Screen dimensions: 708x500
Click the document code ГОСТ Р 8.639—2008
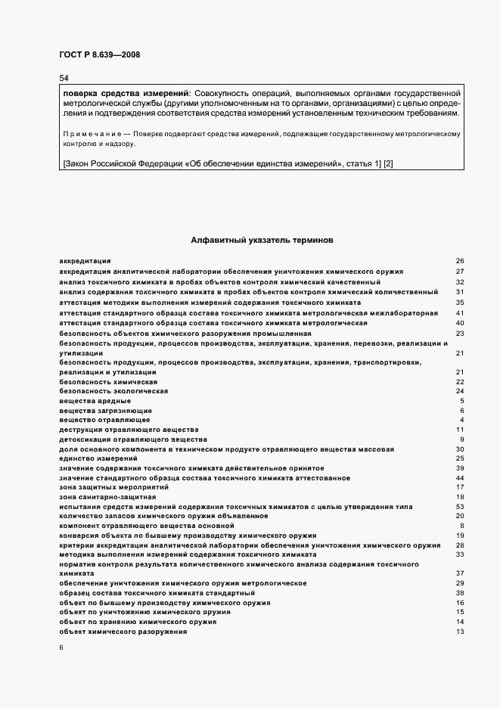pos(99,55)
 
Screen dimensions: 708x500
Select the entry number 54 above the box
pos(64,78)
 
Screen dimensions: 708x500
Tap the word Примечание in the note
pos(89,133)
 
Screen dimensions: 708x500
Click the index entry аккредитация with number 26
pos(85,261)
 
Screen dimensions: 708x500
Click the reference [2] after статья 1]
pos(389,164)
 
